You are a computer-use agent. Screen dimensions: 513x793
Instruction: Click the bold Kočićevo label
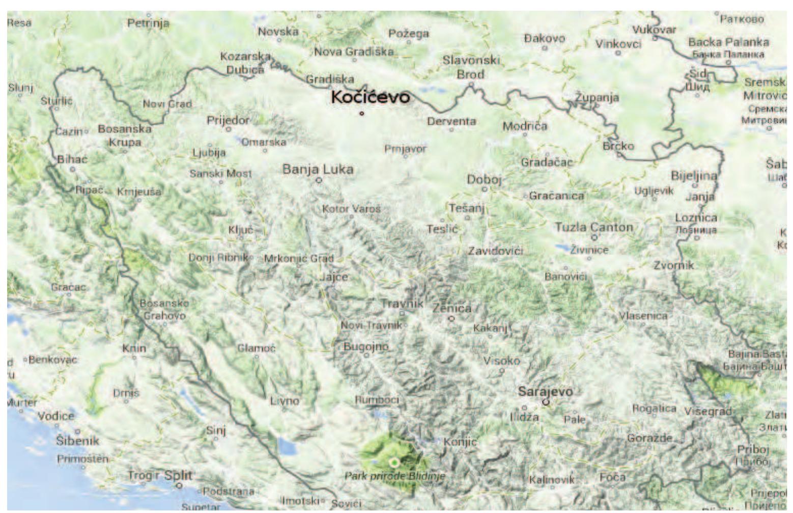tap(370, 97)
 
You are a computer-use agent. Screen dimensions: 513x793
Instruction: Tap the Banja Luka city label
tap(318, 169)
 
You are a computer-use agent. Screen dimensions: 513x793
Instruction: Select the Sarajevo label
tap(545, 391)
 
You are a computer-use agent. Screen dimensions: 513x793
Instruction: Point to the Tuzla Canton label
tap(593, 227)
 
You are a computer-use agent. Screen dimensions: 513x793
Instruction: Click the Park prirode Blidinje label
tap(394, 476)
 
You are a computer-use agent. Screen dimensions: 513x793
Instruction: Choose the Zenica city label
tap(451, 308)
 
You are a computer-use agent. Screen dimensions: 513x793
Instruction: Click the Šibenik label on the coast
tap(77, 441)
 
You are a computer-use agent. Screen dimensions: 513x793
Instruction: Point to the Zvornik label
tap(673, 265)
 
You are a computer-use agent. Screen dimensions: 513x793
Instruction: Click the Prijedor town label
tap(228, 120)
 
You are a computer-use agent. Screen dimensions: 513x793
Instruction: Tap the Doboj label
tap(484, 179)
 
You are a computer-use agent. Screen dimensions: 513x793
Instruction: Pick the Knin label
tap(134, 348)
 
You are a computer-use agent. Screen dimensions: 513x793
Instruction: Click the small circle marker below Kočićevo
tap(362, 113)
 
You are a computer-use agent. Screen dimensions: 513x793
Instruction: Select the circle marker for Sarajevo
tap(546, 401)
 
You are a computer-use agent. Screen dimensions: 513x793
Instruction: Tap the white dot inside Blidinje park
tap(393, 462)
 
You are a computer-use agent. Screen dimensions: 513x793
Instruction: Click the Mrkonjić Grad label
tap(298, 258)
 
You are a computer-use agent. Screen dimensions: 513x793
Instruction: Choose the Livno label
tap(285, 400)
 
